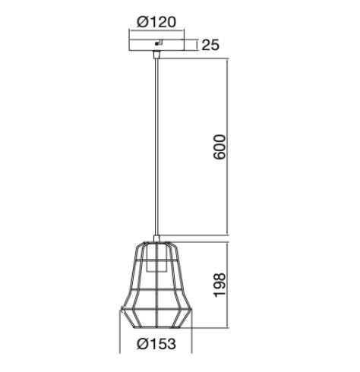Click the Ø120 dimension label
(x=156, y=22)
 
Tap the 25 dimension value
(x=210, y=45)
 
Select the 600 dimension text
(x=219, y=147)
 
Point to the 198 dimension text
(x=219, y=285)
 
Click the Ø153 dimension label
(x=156, y=344)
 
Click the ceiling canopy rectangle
(x=156, y=45)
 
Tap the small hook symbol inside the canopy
(x=159, y=43)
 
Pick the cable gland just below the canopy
(x=156, y=55)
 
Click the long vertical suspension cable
(x=156, y=147)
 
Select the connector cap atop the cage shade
(x=156, y=238)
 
